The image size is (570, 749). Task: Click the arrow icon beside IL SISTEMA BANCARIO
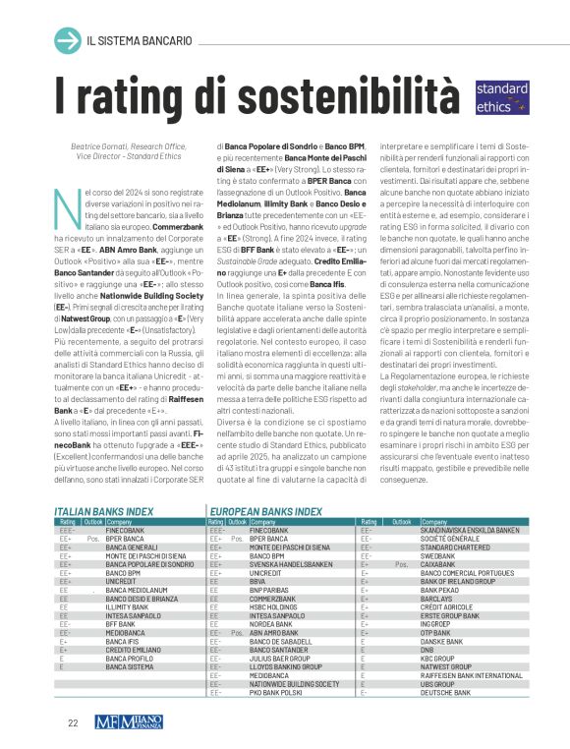[x=67, y=40]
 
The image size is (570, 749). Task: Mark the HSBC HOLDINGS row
[x=276, y=605]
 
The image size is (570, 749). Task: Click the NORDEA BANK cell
[x=272, y=622]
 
